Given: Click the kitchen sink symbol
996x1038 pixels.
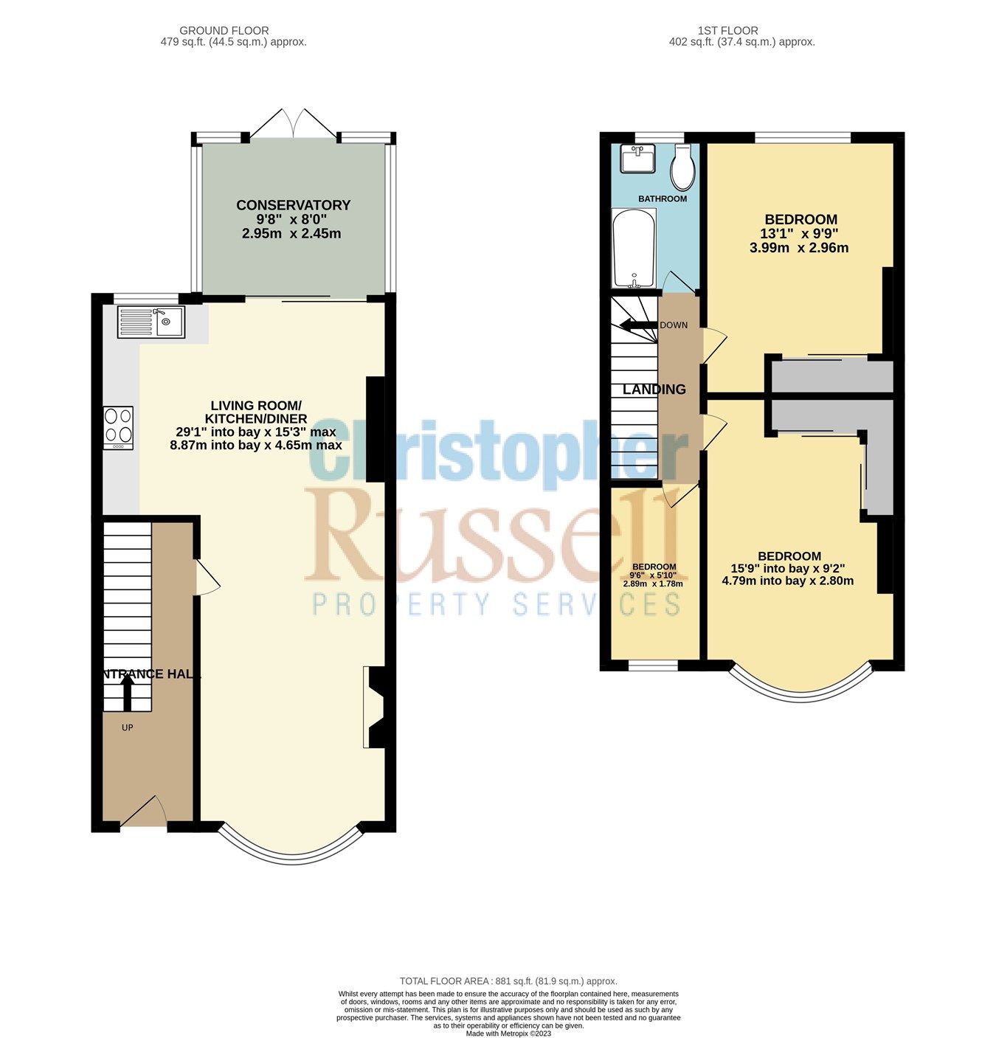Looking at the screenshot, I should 151,322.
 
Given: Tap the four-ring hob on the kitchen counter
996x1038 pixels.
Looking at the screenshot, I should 119,428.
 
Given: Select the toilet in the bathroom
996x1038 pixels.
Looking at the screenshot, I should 682,167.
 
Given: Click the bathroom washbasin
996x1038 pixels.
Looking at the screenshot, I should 637,159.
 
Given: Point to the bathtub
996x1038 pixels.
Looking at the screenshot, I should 634,248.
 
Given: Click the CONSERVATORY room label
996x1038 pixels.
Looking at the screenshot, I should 293,205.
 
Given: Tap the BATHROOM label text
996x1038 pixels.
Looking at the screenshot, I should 662,198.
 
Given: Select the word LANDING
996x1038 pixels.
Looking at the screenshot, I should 654,390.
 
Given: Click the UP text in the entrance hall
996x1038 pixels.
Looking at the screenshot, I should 127,727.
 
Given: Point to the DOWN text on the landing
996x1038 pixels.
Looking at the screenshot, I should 673,325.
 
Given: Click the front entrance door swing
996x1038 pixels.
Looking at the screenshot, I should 145,814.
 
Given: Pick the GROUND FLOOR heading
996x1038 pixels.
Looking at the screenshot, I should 224,30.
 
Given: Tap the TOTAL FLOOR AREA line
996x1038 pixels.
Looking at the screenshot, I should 508,981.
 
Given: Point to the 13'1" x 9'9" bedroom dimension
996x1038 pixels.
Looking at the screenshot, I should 800,234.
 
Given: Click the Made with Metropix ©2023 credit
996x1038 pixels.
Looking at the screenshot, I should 508,1034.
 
